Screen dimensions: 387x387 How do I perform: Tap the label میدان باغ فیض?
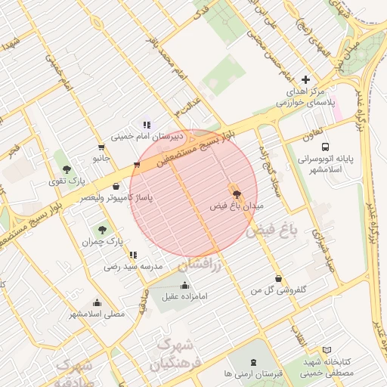(234, 206)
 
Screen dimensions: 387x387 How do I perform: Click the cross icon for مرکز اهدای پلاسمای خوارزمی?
(305, 79)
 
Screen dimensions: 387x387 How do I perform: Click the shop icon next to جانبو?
(101, 147)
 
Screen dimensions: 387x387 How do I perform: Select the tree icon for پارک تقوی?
(67, 169)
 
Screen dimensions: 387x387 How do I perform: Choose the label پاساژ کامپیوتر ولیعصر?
(116, 197)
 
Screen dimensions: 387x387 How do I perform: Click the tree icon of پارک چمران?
(101, 229)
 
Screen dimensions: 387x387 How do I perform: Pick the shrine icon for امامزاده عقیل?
(185, 285)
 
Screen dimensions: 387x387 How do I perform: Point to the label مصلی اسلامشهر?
(98, 313)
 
